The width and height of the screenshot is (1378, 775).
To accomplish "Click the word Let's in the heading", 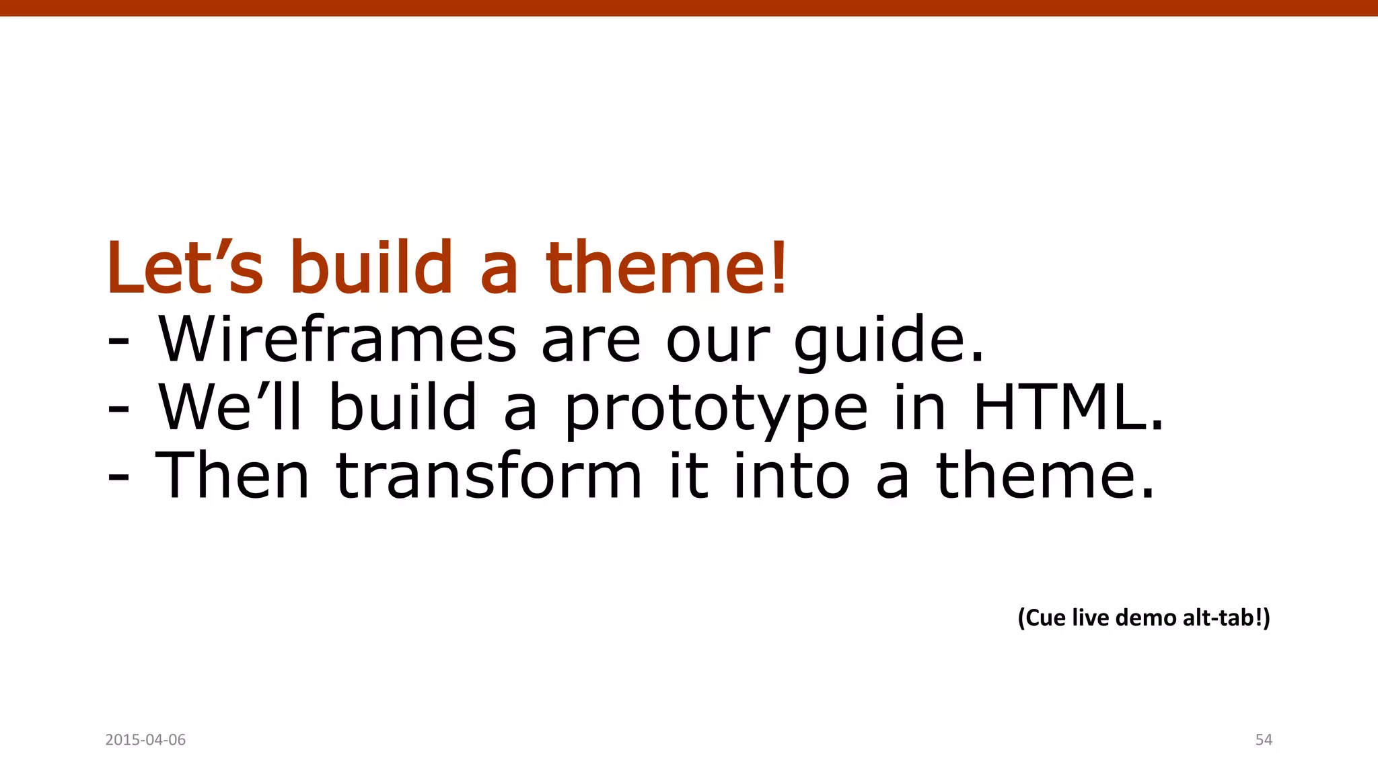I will [184, 269].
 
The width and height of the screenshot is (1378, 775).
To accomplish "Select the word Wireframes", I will [336, 340].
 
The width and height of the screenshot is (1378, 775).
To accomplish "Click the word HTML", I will [1066, 408].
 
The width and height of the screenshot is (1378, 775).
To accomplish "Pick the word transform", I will [489, 476].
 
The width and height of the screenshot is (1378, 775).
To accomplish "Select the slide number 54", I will [1264, 740].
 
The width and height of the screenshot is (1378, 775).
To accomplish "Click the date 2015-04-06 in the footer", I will [145, 740].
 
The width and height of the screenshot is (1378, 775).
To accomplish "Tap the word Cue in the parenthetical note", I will [1042, 618].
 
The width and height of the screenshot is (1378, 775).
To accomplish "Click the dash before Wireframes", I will [118, 342].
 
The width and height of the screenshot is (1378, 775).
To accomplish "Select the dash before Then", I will [118, 479].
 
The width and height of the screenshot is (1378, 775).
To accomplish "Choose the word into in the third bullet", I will [792, 476].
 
